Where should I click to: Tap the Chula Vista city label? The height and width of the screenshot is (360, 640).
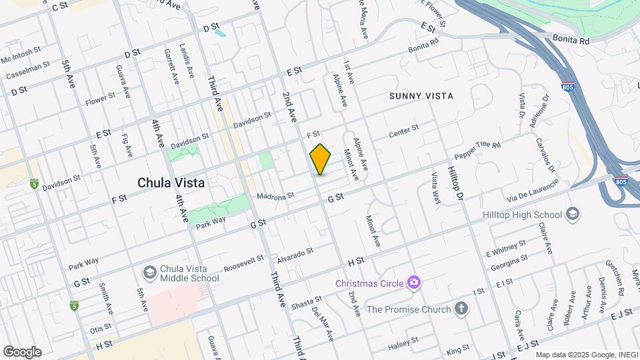point(171,182)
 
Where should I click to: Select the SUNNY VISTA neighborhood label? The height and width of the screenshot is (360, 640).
point(421,96)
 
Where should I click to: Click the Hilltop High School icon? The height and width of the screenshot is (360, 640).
point(572,215)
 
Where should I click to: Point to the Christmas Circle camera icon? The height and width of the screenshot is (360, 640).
point(414,283)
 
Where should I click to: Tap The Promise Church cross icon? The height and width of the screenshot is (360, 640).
point(461,309)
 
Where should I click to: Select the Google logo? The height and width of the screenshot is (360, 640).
point(22,352)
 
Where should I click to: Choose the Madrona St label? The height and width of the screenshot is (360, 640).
point(275,197)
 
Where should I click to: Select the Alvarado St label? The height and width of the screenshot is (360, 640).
point(295,254)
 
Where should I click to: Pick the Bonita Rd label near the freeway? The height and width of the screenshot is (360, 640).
point(570,41)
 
